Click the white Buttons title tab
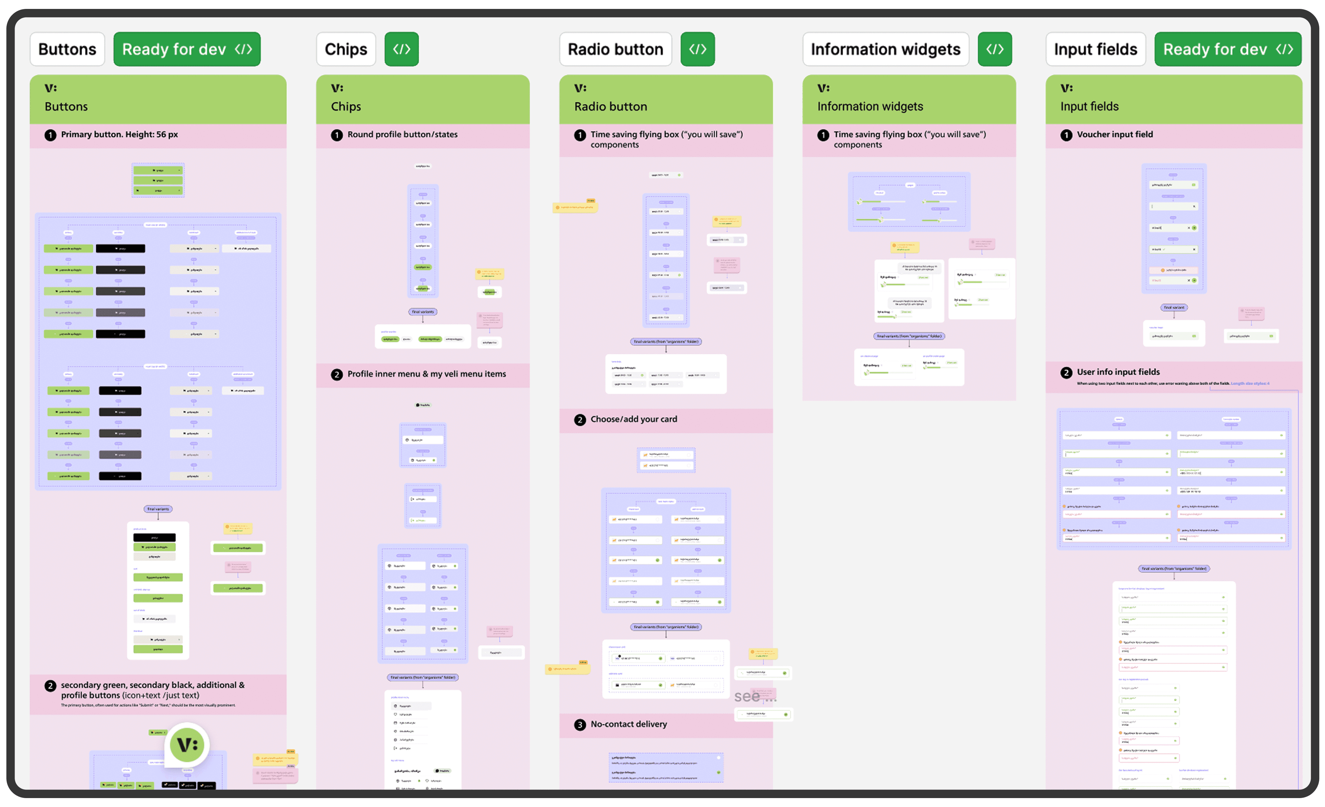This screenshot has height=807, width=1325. point(67,49)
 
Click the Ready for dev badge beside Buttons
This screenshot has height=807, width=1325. point(187,49)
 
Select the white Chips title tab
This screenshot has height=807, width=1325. point(346,49)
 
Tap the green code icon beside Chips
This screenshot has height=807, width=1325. point(401,49)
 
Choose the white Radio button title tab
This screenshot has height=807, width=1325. point(615,49)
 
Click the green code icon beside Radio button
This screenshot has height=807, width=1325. point(698,49)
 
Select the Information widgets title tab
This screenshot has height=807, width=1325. point(885,49)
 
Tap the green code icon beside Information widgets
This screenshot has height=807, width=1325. point(994,49)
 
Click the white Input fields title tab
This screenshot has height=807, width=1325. point(1095,49)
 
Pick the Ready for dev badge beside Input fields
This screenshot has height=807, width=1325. point(1228,49)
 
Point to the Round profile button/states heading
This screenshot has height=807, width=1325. point(402,134)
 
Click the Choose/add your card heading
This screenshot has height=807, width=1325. point(634,419)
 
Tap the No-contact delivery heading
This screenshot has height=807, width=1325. point(629,724)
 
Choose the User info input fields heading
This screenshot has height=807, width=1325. point(1118,372)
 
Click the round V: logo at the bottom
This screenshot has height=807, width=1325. point(187,745)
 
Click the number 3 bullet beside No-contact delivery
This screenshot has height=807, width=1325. point(580,725)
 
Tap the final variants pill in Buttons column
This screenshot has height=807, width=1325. point(158,509)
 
